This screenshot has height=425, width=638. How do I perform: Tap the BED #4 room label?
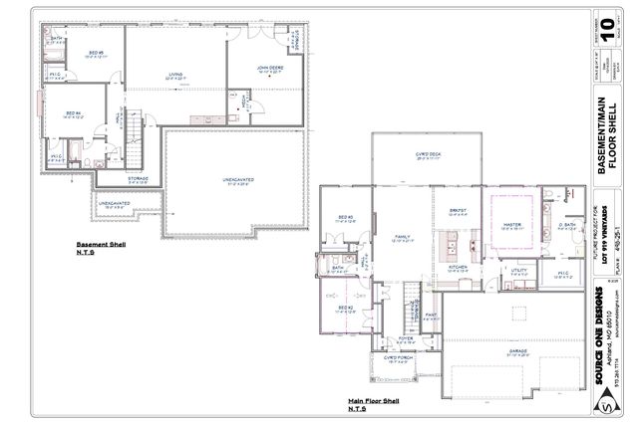pyautogui.click(x=72, y=113)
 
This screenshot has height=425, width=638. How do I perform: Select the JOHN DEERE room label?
pyautogui.click(x=270, y=68)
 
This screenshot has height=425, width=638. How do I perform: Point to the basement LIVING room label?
pyautogui.click(x=175, y=74)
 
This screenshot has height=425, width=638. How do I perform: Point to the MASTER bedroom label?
pyautogui.click(x=512, y=225)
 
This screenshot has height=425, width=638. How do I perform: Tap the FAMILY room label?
pyautogui.click(x=401, y=237)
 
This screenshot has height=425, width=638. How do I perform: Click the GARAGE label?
pyautogui.click(x=516, y=350)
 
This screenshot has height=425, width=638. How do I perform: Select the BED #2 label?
pyautogui.click(x=345, y=308)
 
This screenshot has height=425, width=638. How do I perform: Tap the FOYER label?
pyautogui.click(x=406, y=338)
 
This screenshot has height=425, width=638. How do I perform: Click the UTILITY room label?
pyautogui.click(x=517, y=270)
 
